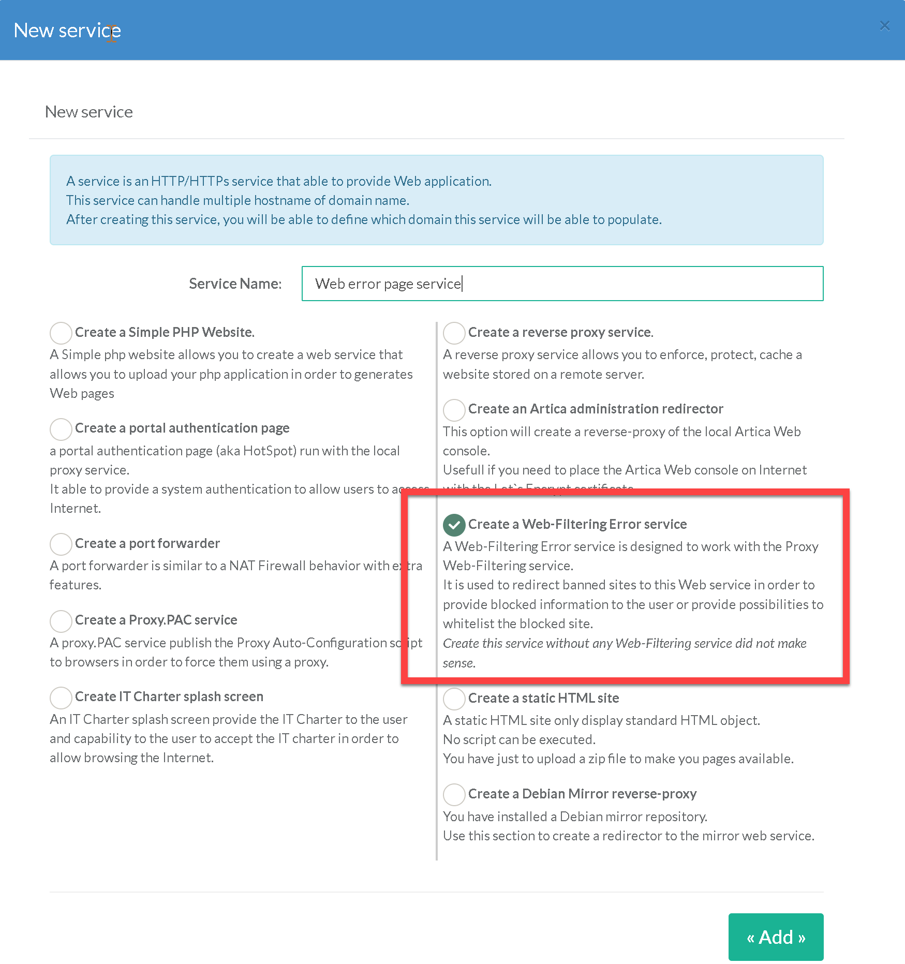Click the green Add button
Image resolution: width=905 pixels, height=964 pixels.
[x=775, y=937]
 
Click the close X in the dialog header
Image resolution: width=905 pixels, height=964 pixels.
[x=884, y=26]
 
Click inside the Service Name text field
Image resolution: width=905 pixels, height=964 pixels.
[x=562, y=284]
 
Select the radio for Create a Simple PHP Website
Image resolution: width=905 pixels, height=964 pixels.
[x=61, y=333]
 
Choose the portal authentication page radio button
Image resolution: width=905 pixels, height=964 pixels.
[x=61, y=429]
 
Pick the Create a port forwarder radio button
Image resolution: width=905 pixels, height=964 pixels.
[x=61, y=544]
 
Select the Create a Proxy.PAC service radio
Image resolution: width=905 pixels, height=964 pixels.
[x=61, y=621]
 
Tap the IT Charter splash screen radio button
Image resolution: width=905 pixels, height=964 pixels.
[x=61, y=698]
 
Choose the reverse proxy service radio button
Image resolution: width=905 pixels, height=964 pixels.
[x=454, y=333]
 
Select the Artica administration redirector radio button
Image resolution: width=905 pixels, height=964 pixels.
[x=454, y=410]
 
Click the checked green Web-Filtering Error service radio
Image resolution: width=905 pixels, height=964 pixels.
[x=454, y=525]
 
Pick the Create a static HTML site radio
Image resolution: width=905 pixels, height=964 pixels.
[x=454, y=699]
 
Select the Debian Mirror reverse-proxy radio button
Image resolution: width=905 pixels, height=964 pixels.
[x=454, y=794]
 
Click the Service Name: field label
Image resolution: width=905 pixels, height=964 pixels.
[x=235, y=284]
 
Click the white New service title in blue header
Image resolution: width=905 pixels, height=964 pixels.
[x=67, y=31]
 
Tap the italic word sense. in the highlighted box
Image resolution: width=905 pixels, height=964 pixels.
[x=459, y=663]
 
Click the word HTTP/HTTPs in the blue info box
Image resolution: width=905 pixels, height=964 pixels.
[x=190, y=181]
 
